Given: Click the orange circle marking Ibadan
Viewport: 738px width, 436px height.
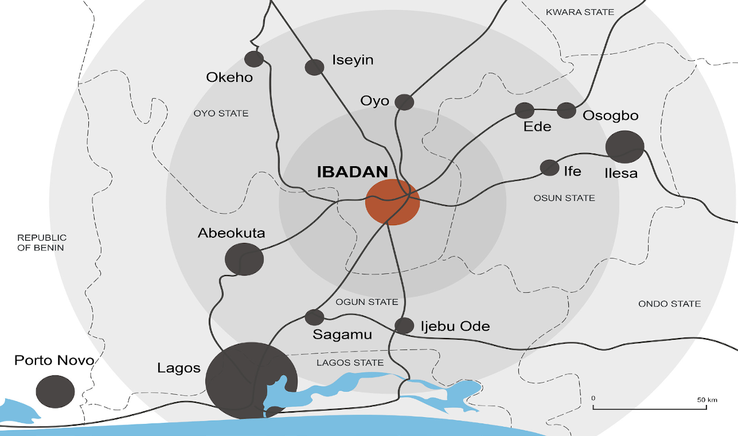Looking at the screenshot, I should [393, 202].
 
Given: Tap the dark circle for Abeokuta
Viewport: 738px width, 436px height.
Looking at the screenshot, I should [245, 259].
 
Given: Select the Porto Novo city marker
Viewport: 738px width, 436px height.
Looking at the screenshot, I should [55, 391].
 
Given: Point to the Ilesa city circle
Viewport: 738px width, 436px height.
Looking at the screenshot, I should [624, 147].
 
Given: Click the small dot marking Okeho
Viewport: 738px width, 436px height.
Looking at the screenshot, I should [254, 59].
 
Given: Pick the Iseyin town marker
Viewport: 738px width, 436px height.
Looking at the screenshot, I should [314, 67].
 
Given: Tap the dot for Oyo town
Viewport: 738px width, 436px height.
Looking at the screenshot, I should [404, 102].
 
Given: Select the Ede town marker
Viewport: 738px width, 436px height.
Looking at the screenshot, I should [525, 110].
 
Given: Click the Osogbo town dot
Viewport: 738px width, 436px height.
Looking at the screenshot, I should [567, 110].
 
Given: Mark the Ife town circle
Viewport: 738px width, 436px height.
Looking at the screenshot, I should [549, 167].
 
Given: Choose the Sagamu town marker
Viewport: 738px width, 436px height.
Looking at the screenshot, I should [314, 317].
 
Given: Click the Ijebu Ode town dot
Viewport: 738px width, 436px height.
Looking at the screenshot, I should [404, 325].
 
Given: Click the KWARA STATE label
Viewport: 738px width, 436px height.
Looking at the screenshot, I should [580, 12].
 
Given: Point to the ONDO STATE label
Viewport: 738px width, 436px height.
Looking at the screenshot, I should [669, 304].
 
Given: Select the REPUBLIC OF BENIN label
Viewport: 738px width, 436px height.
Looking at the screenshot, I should [41, 242].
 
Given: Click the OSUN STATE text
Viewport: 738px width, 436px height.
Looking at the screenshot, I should [564, 198].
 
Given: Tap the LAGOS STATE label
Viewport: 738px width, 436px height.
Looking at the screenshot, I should [350, 363].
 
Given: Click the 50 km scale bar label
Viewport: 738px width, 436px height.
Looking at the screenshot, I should [707, 399].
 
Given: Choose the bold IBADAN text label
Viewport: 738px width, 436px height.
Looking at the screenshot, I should [353, 172].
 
